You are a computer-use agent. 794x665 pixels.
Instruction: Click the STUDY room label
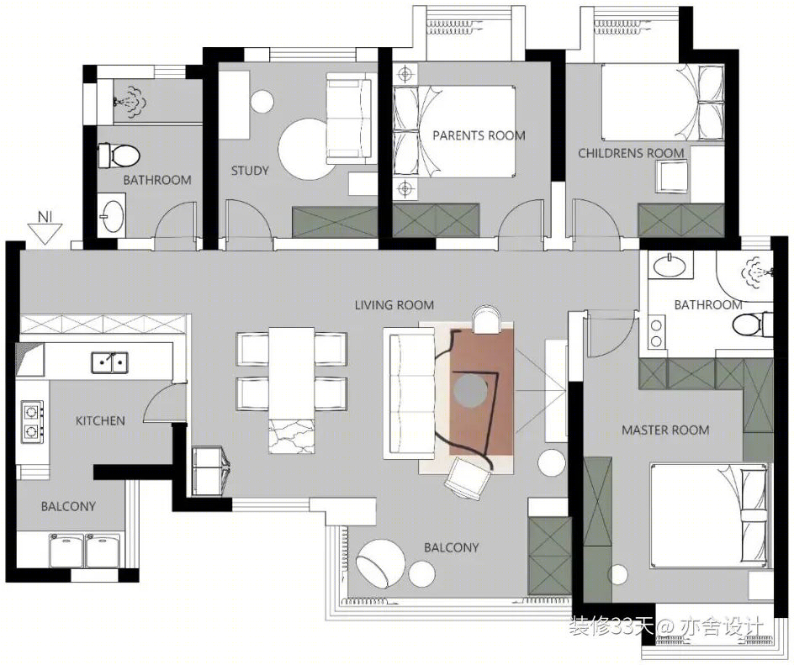250,171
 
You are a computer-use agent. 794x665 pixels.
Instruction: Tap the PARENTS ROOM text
479,135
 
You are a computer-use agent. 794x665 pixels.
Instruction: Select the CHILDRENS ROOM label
631,153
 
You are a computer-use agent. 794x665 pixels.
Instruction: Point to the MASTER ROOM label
665,430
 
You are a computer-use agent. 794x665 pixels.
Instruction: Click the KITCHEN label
100,420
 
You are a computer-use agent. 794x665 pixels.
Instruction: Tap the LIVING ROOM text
394,305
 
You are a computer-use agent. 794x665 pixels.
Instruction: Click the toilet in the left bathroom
119,156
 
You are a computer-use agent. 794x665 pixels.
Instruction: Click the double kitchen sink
110,363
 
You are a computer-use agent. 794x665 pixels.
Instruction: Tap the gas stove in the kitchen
32,421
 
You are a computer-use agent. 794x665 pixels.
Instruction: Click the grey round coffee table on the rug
470,390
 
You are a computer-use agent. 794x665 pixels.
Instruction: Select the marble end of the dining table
291,436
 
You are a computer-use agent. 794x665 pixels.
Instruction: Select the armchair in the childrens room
672,176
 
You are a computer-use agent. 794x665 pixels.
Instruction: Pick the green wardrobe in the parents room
436,220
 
